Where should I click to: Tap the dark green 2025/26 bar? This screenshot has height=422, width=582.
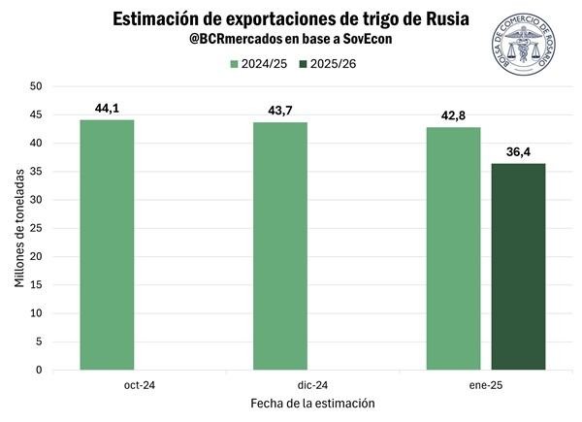coord(518,266)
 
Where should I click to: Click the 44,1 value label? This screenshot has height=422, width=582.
coord(107,108)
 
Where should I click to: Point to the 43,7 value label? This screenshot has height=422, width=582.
coord(280,111)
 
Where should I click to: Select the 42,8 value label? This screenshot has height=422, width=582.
coord(453,115)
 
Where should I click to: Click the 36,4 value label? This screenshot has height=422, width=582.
coord(518,151)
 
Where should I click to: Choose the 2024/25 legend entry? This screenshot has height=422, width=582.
coord(253,64)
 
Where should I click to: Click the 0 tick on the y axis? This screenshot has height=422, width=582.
coord(40,370)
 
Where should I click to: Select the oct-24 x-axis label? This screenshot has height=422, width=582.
coord(107,384)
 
